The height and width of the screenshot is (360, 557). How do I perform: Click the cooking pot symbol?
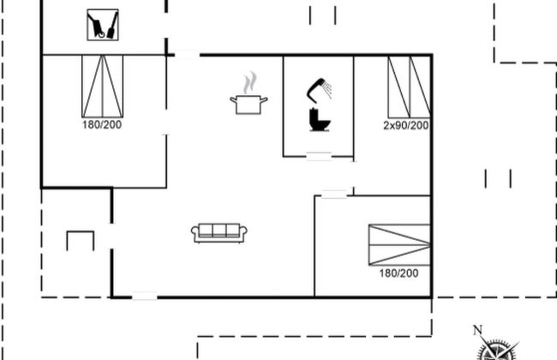(x=249, y=105)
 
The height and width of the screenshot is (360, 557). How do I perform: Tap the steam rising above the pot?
(x=250, y=82)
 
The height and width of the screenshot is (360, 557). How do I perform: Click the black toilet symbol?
(x=320, y=120)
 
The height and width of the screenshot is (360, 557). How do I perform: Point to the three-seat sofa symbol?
(x=219, y=233)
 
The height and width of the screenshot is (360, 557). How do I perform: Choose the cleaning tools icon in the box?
(x=103, y=25)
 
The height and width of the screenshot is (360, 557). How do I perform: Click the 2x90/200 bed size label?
(x=405, y=125)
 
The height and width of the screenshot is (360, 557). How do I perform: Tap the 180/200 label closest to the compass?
(x=398, y=273)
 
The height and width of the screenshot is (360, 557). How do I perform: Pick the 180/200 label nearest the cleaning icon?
(x=102, y=125)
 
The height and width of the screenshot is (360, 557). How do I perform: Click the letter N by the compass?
(x=478, y=330)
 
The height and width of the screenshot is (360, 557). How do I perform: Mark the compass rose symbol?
(x=497, y=350)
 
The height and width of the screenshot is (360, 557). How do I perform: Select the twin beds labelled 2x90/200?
(x=410, y=87)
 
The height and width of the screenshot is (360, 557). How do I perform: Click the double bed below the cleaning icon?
(x=103, y=86)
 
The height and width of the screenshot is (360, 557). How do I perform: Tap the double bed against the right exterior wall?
(x=399, y=245)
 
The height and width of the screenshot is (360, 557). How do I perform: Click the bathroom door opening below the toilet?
(x=319, y=156)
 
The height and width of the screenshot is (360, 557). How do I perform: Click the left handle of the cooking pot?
(x=234, y=100)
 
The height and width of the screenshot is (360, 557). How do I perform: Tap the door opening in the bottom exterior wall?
(x=145, y=296)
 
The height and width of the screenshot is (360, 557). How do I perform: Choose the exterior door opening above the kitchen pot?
(x=187, y=55)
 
